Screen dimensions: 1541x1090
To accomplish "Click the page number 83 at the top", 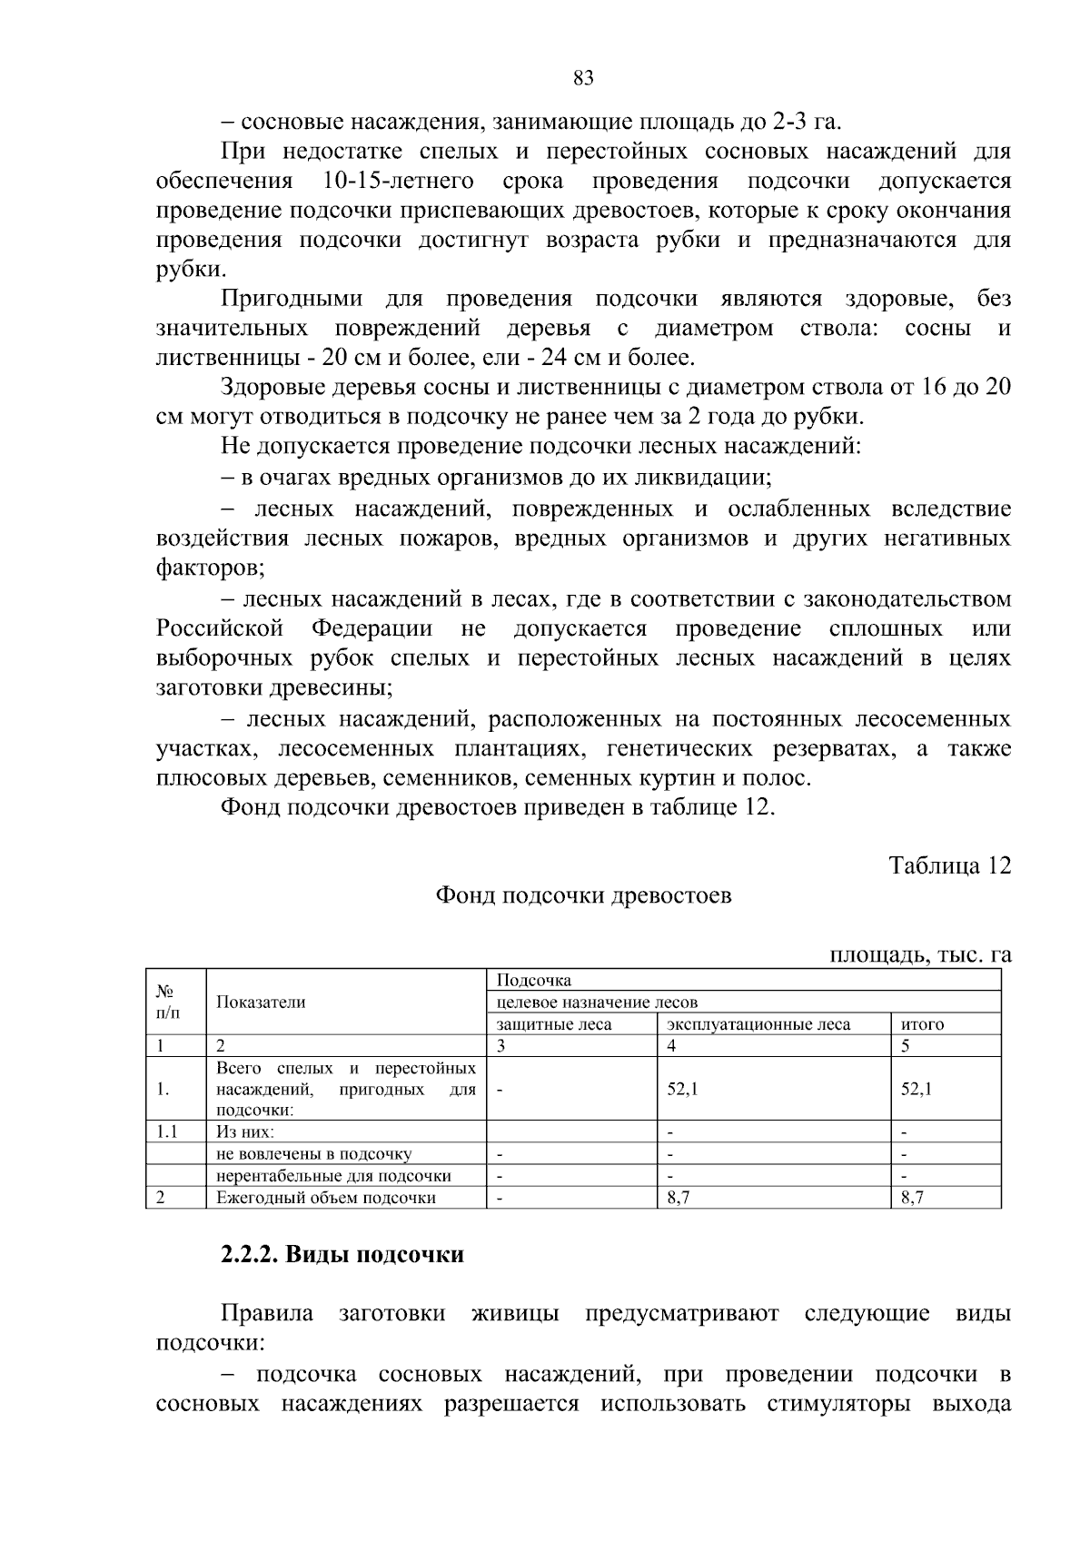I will point(583,78).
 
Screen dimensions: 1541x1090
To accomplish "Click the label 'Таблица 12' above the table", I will point(949,865).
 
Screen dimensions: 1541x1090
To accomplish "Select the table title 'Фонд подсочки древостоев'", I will point(583,896).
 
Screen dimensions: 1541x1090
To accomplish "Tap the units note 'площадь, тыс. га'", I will point(920,954).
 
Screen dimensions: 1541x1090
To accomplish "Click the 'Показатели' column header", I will point(261,1003).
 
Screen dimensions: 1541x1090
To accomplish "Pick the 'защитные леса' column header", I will point(554,1024).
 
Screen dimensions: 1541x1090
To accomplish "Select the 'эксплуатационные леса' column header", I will point(758,1024).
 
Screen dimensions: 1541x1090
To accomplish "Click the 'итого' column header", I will point(922,1024).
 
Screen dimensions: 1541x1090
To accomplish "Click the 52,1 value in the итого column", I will point(916,1089).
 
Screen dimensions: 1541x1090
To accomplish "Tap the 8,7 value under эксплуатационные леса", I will point(679,1198).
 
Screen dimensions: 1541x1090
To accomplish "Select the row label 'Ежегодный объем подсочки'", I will point(326,1198).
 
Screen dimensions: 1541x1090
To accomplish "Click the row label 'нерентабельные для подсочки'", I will point(333,1176).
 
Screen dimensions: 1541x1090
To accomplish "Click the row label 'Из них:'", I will point(245,1132).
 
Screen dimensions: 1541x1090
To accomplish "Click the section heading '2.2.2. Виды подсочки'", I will point(342,1255).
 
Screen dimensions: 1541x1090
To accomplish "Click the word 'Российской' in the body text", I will point(220,628).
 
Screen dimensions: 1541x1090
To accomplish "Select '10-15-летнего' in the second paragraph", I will point(398,181).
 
